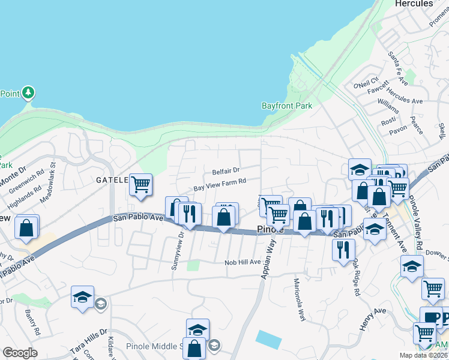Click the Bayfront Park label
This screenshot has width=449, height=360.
(x=287, y=106)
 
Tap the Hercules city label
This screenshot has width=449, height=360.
(x=414, y=4)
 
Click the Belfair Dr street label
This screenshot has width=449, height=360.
(x=225, y=171)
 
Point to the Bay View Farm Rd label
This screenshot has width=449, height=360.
(x=220, y=181)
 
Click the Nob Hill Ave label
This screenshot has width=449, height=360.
(x=243, y=262)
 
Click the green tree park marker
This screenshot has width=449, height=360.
(x=28, y=92)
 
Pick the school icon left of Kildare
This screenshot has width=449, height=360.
(x=82, y=296)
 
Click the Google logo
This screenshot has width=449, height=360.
(x=20, y=353)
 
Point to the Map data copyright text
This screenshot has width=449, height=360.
(x=423, y=355)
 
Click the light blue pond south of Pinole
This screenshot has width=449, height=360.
(x=268, y=339)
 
